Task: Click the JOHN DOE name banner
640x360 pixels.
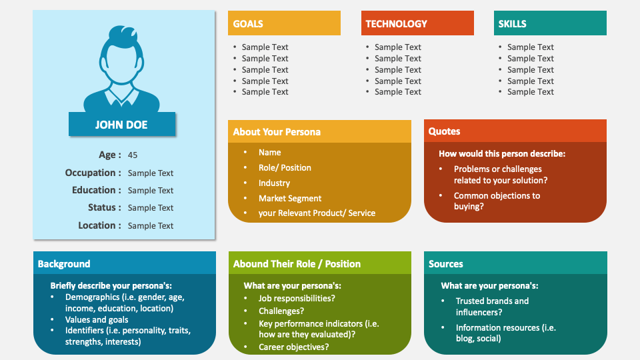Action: [121, 125]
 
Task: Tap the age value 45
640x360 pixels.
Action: [133, 155]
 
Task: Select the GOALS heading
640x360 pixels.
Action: [248, 23]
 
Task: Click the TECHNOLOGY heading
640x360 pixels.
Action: [396, 23]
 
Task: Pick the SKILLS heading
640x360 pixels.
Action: [512, 23]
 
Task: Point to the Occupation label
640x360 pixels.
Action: [93, 173]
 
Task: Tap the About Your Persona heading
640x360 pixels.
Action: [277, 131]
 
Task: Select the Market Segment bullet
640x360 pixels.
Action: [290, 198]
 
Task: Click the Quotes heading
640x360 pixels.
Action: [444, 131]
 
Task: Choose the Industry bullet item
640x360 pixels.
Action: [274, 183]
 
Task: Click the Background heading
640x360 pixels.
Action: [64, 263]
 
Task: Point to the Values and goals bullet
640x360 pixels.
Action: [97, 319]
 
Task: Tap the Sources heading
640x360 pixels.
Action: [446, 263]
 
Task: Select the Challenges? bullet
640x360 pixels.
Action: [281, 311]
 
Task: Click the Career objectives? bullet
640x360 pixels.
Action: [293, 347]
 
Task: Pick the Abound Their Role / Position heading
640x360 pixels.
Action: [297, 263]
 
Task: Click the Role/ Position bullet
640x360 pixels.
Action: [285, 167]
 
